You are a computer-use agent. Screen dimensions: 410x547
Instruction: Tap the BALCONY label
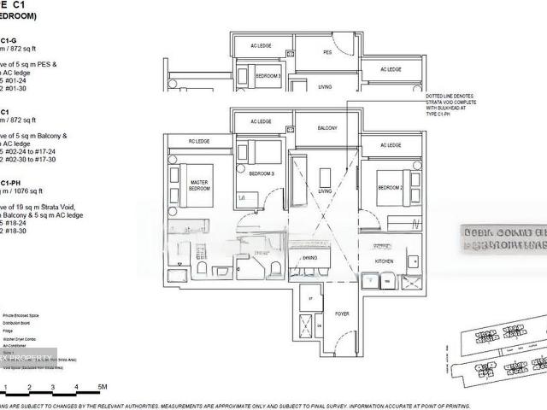327,128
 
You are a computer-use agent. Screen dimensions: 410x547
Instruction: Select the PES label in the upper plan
326,53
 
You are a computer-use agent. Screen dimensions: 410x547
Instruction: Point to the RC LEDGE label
199,141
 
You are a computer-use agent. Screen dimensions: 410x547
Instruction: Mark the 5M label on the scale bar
102,387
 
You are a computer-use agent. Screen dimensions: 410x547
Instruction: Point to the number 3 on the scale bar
53,387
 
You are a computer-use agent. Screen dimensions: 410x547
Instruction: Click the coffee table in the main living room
325,178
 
